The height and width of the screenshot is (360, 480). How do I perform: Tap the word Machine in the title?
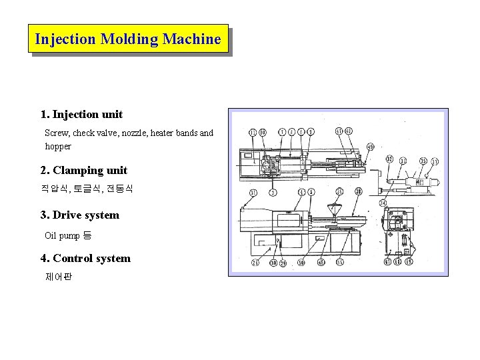tap(191, 39)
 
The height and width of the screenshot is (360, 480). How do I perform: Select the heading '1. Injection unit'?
tap(81, 115)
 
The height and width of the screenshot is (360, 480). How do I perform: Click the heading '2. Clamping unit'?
tap(83, 171)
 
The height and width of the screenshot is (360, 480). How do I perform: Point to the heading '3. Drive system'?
tap(79, 215)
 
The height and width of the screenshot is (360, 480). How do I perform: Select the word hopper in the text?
tap(58, 147)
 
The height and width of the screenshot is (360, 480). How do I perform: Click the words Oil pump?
tap(62, 236)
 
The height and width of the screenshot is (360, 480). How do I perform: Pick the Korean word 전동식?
tap(121, 189)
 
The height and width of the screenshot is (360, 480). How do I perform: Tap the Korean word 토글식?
tap(87, 189)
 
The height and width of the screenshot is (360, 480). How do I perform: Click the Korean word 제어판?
tap(58, 276)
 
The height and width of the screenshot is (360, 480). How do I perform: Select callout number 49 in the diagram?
tap(370, 147)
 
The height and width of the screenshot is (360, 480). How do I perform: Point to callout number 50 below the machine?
tap(301, 263)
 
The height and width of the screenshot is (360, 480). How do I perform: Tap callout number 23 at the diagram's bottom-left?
tap(255, 263)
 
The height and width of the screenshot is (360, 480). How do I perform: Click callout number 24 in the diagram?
tap(383, 202)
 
